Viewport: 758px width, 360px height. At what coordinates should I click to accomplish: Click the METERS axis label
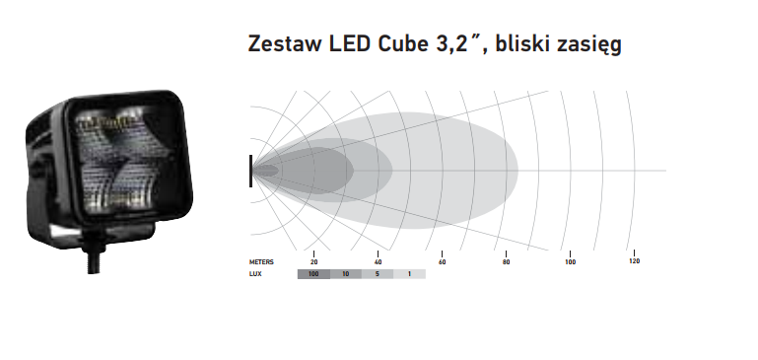coord(261,262)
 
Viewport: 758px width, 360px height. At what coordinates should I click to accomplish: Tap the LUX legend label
coord(255,273)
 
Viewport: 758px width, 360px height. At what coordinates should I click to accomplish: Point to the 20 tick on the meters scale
coord(313,262)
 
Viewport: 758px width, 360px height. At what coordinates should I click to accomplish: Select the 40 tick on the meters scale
coord(378,262)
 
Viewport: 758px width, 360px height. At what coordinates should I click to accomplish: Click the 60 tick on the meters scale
coord(442,262)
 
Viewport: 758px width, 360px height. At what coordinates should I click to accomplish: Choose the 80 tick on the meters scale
coord(506,262)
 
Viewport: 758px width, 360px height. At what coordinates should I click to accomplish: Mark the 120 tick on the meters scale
coord(634,261)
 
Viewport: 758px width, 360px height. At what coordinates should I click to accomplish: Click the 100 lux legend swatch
coord(313,273)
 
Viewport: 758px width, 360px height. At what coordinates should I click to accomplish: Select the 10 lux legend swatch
coord(346,273)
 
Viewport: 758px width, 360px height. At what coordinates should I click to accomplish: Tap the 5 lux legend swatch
coord(378,273)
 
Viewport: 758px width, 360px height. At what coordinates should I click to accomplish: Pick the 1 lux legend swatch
coord(410,273)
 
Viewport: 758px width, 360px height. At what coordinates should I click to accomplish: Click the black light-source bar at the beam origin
coord(251,170)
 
